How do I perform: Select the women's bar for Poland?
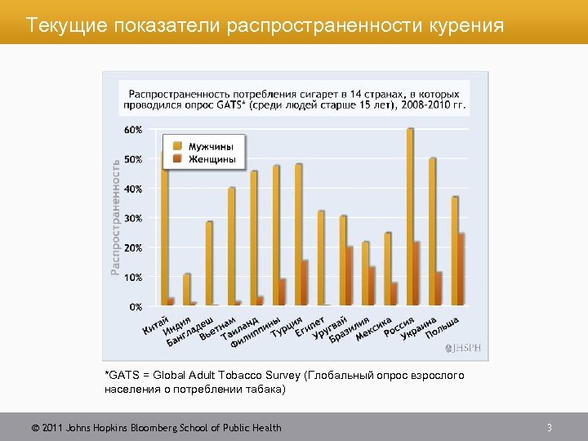[x=461, y=269]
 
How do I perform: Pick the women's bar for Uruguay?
[x=350, y=276]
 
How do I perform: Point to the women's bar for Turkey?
[x=305, y=283]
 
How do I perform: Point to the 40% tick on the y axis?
[x=132, y=189]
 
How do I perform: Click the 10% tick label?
[x=132, y=278]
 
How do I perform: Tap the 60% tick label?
[x=132, y=130]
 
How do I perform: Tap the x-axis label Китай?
[x=156, y=324]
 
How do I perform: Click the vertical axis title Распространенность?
[x=115, y=216]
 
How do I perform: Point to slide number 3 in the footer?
[x=550, y=427]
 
